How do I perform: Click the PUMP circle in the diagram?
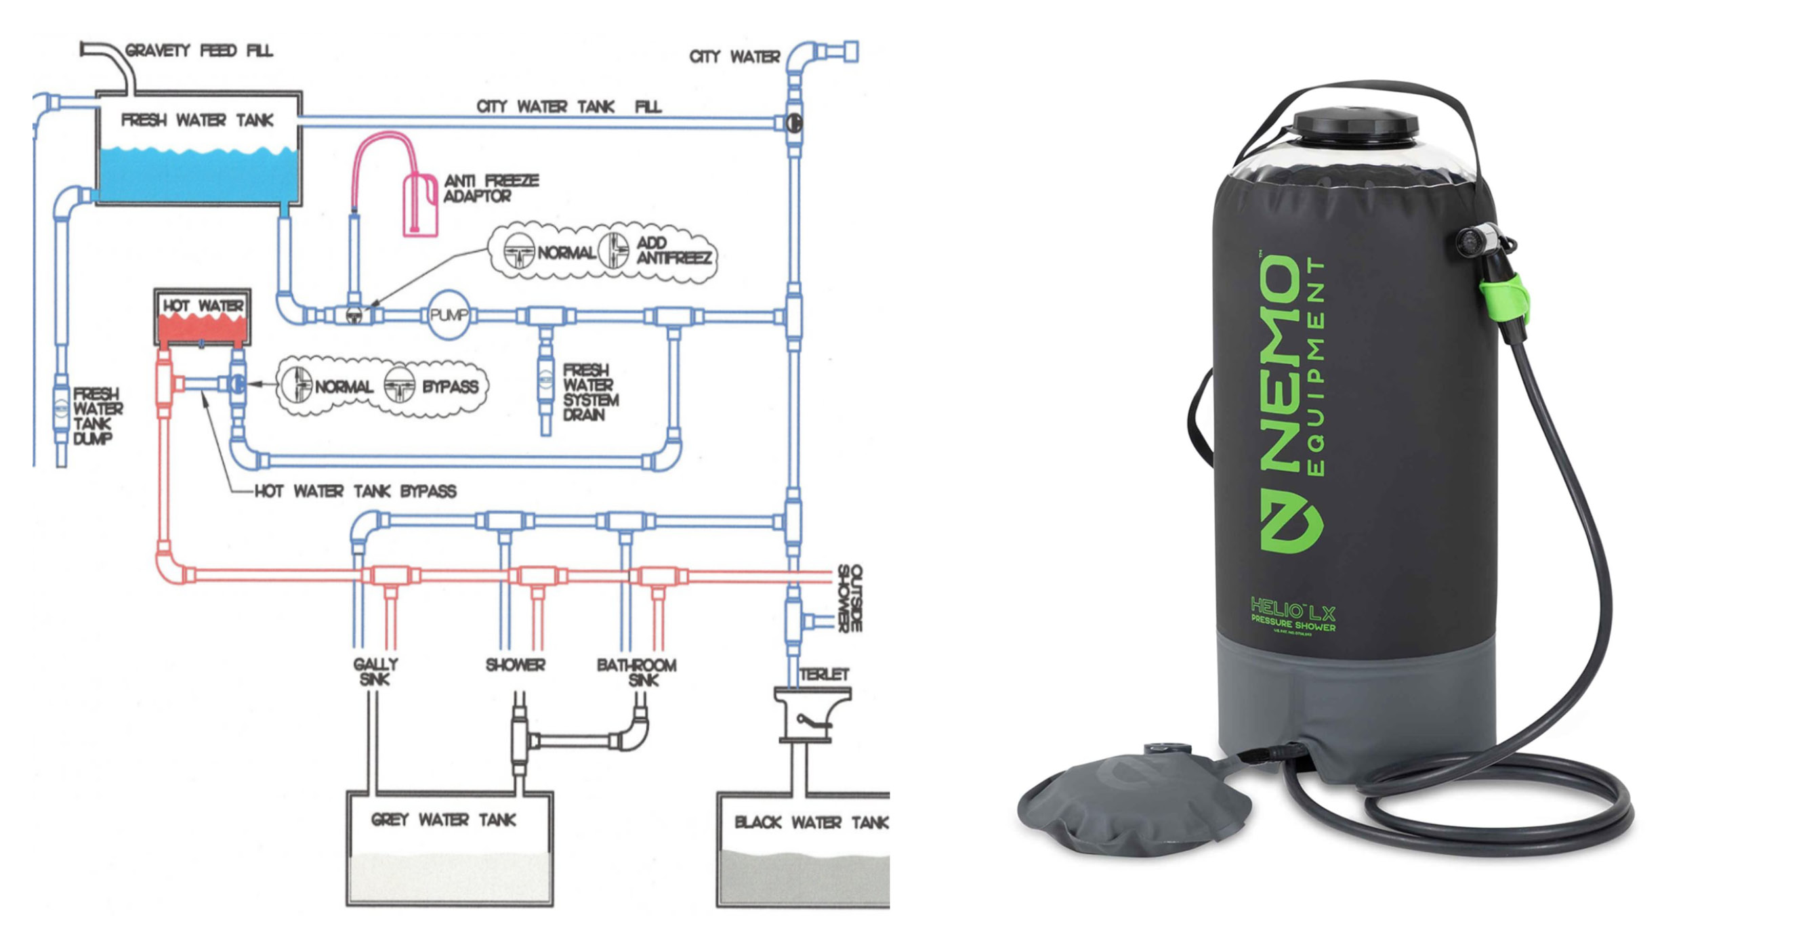tap(449, 316)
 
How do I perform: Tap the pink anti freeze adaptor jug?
tap(420, 205)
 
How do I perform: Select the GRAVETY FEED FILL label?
tap(199, 51)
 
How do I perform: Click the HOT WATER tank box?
tap(202, 317)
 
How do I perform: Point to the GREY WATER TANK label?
tap(443, 819)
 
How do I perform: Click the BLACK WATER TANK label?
tap(810, 822)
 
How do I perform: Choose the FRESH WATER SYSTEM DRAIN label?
tap(590, 392)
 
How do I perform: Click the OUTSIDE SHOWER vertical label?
tap(850, 598)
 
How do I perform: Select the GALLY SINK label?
tap(375, 671)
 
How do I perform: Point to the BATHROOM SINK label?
tap(636, 671)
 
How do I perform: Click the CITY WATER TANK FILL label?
tap(569, 106)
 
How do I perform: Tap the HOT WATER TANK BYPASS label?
tap(355, 491)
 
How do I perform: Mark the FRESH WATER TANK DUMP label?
tap(98, 416)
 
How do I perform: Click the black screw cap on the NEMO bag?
tap(1355, 127)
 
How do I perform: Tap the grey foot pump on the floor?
tap(1134, 799)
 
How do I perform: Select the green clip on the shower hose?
tap(1505, 298)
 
